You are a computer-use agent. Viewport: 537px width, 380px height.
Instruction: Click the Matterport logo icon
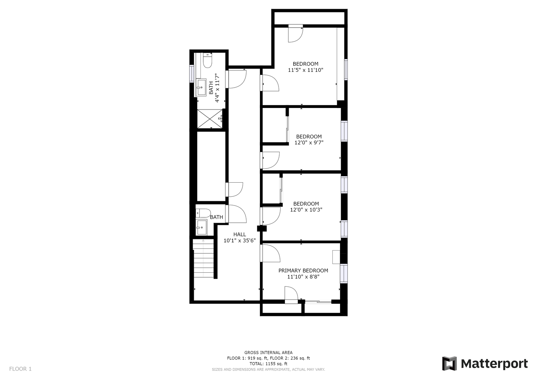[x=449, y=363]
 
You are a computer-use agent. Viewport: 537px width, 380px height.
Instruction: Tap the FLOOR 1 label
[x=20, y=369]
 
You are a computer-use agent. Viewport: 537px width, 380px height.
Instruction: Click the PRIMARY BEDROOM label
[x=303, y=271]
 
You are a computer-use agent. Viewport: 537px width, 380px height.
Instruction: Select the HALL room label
[x=239, y=234]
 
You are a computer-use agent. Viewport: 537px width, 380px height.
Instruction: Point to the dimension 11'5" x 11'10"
[x=305, y=70]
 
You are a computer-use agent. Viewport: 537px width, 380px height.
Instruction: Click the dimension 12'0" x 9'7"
[x=308, y=143]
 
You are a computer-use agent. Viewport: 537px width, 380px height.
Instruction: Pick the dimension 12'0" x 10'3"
[x=306, y=210]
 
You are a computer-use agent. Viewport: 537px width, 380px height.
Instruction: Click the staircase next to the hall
[x=204, y=259]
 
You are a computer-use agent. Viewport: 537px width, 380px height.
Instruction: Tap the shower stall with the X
[x=210, y=119]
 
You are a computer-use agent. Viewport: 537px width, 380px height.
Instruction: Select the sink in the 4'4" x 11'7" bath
[x=201, y=87]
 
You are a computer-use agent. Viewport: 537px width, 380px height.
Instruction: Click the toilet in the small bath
[x=203, y=213]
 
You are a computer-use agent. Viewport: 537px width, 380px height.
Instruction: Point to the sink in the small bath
[x=202, y=227]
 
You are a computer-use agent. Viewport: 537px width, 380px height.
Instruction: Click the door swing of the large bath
[x=237, y=79]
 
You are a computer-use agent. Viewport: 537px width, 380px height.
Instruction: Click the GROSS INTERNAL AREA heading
[x=268, y=353]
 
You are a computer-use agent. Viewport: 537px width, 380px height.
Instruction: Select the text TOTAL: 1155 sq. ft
[x=268, y=364]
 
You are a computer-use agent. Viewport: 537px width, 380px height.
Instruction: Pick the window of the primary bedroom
[x=344, y=273]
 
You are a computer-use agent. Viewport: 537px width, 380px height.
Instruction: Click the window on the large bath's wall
[x=192, y=74]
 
